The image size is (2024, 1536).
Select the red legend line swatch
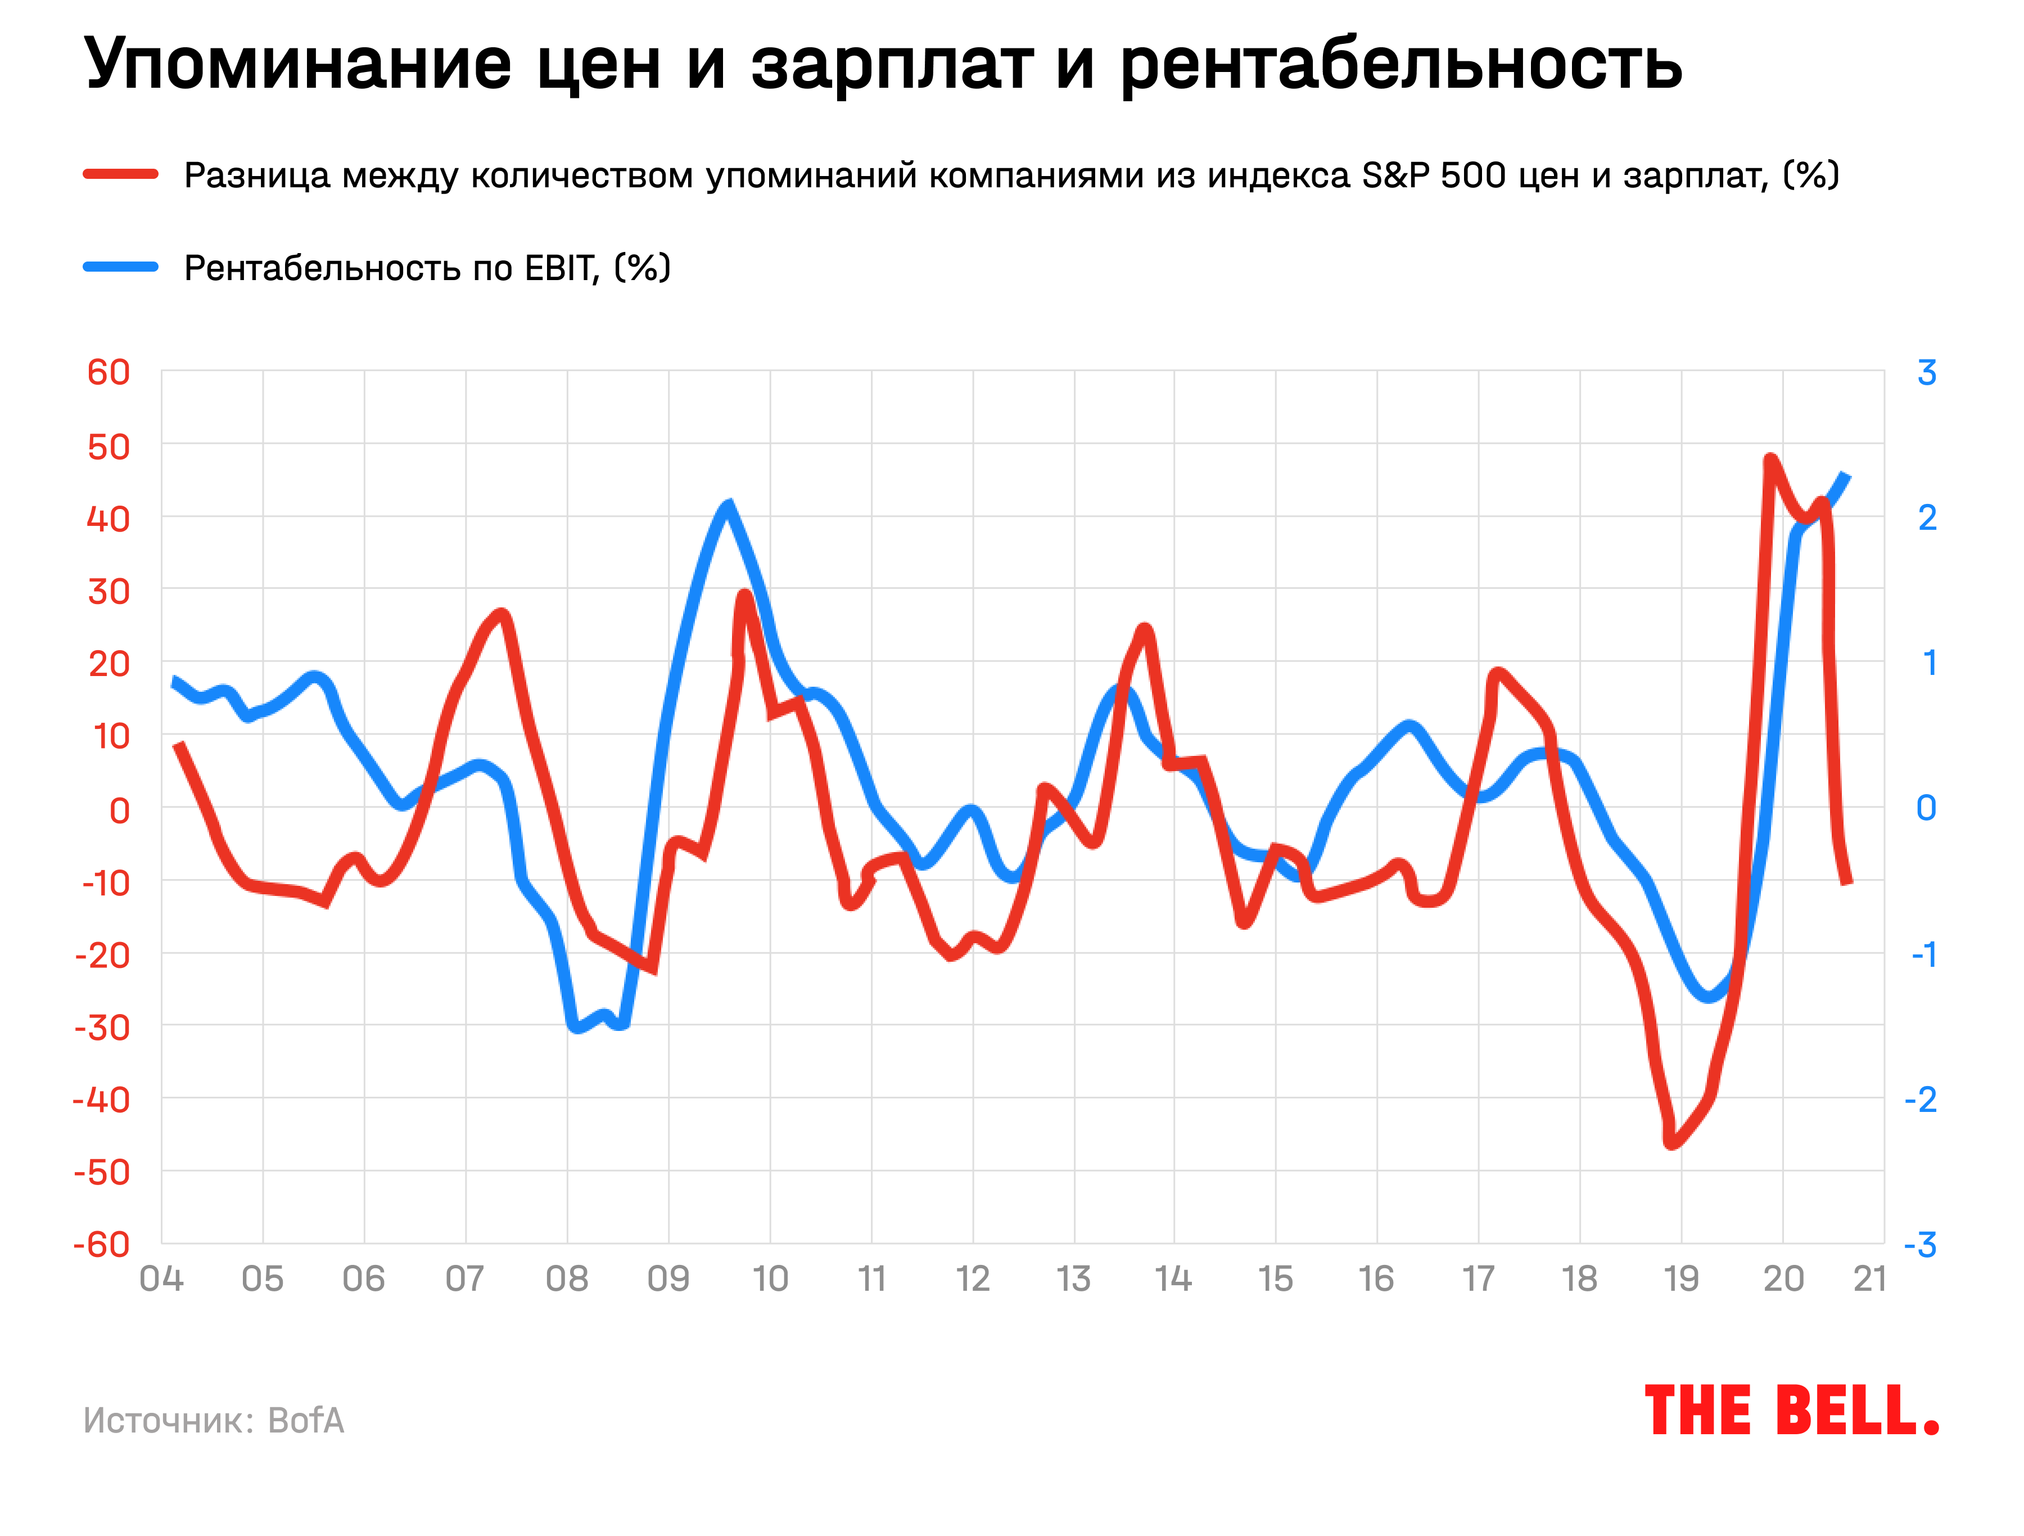121,174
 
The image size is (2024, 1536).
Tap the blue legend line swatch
121,267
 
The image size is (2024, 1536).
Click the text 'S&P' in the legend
1395,175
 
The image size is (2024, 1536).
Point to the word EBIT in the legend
560,268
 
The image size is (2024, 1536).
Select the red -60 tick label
102,1245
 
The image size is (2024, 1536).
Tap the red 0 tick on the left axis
119,810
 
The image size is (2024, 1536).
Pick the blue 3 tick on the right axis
1926,372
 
